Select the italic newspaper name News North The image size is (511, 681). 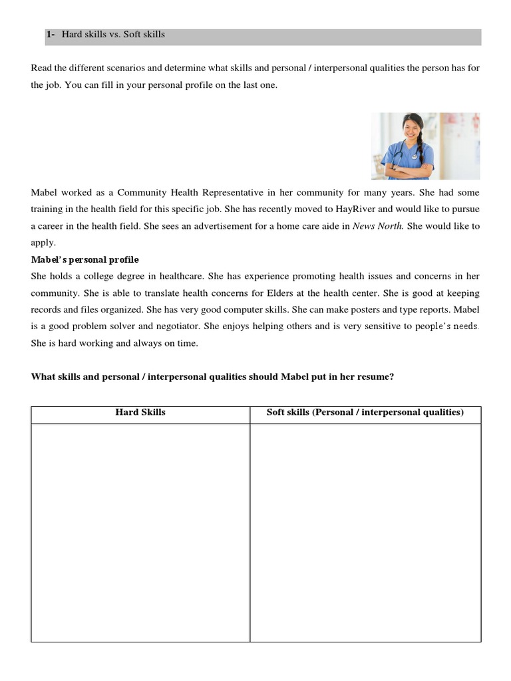(x=377, y=226)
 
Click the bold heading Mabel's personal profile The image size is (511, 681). (x=85, y=259)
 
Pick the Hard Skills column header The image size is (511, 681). (x=140, y=412)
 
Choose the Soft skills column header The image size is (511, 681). (x=365, y=412)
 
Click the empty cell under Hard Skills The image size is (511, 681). (x=140, y=532)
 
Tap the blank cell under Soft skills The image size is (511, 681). (x=365, y=532)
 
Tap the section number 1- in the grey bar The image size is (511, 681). (x=51, y=34)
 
